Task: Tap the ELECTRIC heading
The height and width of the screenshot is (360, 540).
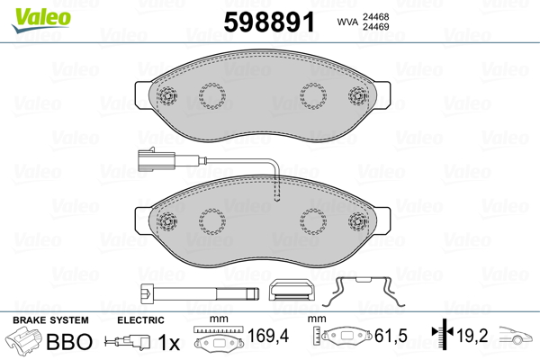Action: [x=140, y=320]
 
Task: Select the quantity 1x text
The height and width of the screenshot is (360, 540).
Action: [x=168, y=342]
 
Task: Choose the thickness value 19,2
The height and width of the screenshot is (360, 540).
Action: [x=473, y=338]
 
